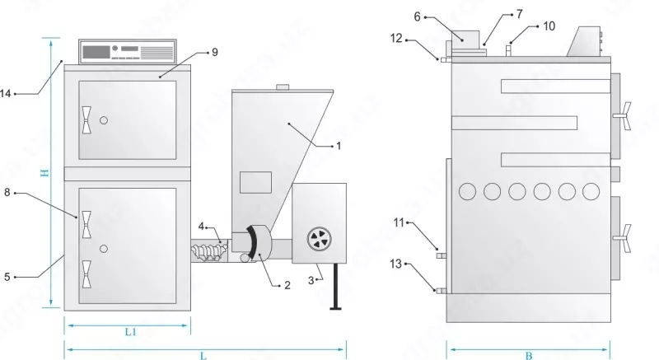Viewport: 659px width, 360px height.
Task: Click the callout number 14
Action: (x=6, y=94)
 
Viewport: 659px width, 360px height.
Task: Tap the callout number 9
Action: (x=214, y=52)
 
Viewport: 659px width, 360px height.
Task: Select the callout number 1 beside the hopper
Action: (x=338, y=146)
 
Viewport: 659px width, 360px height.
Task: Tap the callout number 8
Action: (x=7, y=194)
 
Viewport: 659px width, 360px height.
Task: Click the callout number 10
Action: (x=549, y=26)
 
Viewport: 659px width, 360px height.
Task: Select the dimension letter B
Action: (x=528, y=356)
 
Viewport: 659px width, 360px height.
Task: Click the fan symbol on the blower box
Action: (x=318, y=239)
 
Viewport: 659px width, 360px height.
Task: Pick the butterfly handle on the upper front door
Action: (x=86, y=120)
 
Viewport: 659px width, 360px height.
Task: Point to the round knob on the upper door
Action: (x=104, y=121)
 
